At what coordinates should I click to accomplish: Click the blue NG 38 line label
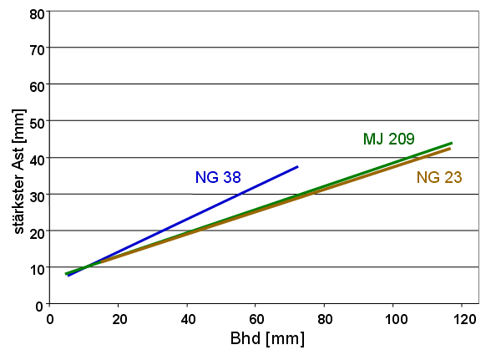[220, 177]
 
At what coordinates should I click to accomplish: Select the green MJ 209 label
[388, 139]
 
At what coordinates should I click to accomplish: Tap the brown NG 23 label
[439, 177]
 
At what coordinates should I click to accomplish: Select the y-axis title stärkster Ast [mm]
[18, 159]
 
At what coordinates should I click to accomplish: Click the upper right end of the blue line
[297, 167]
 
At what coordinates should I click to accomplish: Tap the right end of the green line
[451, 143]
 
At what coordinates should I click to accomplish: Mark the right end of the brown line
[450, 149]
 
